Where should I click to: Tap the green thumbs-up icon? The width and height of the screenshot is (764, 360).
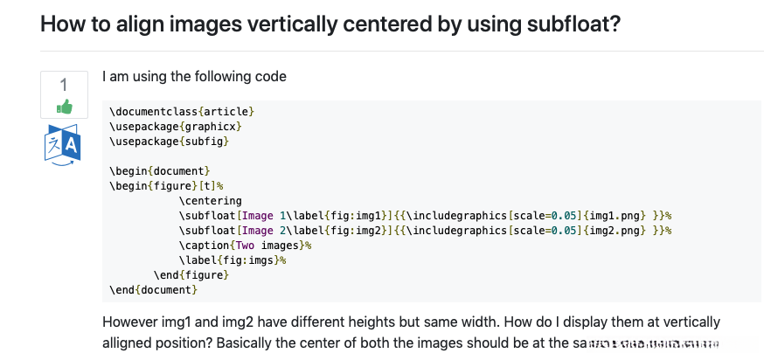[x=64, y=107]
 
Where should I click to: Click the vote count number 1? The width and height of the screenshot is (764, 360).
[x=64, y=85]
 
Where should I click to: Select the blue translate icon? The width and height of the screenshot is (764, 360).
[x=62, y=145]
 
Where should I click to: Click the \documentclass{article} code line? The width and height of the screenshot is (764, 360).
[x=182, y=111]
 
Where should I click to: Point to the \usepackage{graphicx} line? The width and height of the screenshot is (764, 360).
[x=175, y=126]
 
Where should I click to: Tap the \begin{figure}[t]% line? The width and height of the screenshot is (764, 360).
[x=167, y=185]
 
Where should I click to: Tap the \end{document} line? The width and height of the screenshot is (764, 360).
[x=153, y=289]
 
